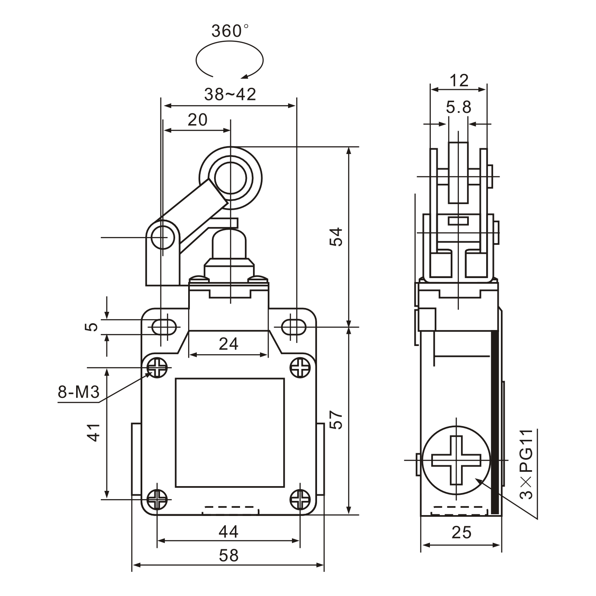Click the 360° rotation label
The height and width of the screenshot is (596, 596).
pyautogui.click(x=230, y=31)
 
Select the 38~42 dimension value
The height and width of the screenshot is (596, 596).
pyautogui.click(x=230, y=94)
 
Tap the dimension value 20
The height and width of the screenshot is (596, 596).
pyautogui.click(x=197, y=120)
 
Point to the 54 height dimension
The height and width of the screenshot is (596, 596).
pyautogui.click(x=336, y=236)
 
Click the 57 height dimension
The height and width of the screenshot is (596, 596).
pyautogui.click(x=336, y=420)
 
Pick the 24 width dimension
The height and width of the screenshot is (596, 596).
pyautogui.click(x=228, y=344)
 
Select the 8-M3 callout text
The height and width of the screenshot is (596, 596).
pyautogui.click(x=79, y=392)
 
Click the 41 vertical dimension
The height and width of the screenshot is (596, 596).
pyautogui.click(x=94, y=432)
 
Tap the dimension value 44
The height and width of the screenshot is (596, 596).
pyautogui.click(x=228, y=532)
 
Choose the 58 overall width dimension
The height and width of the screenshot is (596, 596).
pyautogui.click(x=228, y=555)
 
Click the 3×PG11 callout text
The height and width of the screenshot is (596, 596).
pyautogui.click(x=526, y=465)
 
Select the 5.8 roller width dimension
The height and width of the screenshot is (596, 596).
pyautogui.click(x=458, y=107)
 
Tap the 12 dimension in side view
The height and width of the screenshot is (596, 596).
pyautogui.click(x=458, y=80)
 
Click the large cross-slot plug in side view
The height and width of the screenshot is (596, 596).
pyautogui.click(x=457, y=460)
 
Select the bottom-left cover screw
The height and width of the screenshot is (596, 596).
pyautogui.click(x=157, y=500)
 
